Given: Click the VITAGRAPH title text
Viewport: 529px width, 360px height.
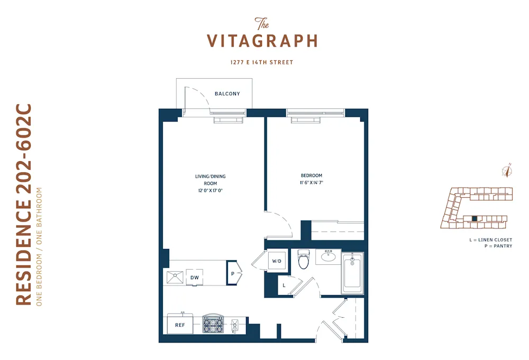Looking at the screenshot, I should tap(262, 41).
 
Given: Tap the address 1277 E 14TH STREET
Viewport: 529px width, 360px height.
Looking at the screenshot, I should tap(262, 62).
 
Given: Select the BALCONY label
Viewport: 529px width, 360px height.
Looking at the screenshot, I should tap(227, 94).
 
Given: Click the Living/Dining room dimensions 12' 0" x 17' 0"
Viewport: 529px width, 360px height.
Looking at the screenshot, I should tap(211, 190).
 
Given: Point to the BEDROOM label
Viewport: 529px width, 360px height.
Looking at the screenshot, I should tap(311, 176).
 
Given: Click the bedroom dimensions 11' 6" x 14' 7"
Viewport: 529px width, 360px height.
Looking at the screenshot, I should tap(311, 182).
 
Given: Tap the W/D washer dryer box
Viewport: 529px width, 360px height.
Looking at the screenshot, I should tap(277, 261).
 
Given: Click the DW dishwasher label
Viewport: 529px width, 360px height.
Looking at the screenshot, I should tap(194, 277).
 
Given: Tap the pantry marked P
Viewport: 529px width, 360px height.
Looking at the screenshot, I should tap(232, 273).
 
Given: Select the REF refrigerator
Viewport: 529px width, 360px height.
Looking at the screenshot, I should tap(180, 325).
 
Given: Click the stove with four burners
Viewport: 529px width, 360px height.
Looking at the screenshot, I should tap(213, 324).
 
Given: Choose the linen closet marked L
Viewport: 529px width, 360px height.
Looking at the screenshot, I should tap(284, 285).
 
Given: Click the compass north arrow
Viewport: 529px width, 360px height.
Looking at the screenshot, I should tap(507, 170).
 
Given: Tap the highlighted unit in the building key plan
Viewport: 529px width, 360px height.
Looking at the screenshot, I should tap(475, 218).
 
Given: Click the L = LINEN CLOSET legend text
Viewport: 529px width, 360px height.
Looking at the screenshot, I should tap(490, 240).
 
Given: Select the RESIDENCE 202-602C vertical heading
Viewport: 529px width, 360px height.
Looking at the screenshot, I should tap(24, 204).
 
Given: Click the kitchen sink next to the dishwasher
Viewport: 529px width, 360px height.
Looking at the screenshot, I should tap(174, 276).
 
